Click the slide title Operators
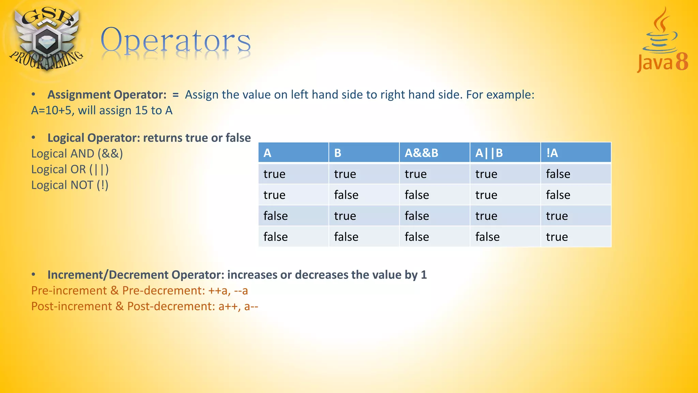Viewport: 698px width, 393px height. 176,41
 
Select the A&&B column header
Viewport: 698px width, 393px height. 421,153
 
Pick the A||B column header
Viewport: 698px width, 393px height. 489,153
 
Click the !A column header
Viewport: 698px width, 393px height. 552,153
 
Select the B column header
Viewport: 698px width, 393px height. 338,153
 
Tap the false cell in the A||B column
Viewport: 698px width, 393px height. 487,237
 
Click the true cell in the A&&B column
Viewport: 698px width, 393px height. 415,174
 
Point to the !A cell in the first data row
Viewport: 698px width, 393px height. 558,174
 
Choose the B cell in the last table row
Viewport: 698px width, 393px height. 346,237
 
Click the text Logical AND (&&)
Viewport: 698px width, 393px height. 77,154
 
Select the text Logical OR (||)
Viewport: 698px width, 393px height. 70,169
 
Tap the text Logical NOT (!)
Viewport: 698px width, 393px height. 70,185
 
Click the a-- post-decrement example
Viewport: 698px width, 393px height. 251,306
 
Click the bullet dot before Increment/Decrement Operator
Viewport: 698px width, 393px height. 33,274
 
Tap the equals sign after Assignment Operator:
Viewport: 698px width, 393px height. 176,95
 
